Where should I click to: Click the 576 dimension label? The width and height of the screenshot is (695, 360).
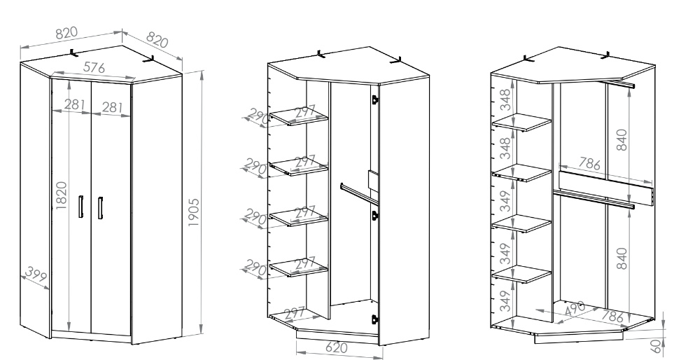(x=94, y=67)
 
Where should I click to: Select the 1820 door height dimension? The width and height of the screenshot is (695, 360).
(x=61, y=195)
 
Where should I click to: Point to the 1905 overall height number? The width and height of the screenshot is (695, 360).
(x=194, y=212)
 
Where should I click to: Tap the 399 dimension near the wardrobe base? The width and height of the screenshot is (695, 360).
(x=36, y=275)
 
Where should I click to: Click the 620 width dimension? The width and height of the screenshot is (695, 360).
(x=337, y=347)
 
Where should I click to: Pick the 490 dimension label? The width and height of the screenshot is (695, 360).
(x=575, y=309)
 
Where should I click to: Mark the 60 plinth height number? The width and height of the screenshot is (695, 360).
(x=657, y=345)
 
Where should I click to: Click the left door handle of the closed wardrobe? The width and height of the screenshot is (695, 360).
(x=80, y=207)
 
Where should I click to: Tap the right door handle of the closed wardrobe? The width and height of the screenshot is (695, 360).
(x=101, y=208)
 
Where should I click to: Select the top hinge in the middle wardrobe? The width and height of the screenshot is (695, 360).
(x=374, y=99)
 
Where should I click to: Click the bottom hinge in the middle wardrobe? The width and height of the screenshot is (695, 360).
(x=374, y=319)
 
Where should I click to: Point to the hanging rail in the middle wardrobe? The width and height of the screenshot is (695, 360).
(x=359, y=194)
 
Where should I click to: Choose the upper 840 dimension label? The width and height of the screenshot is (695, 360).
(x=622, y=139)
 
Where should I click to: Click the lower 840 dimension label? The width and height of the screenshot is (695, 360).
(x=622, y=258)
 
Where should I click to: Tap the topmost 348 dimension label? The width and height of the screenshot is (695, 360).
(x=505, y=99)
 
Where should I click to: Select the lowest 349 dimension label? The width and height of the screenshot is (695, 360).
(x=505, y=301)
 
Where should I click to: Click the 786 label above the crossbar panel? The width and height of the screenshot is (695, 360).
(x=589, y=164)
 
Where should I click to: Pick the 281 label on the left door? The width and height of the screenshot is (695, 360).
(x=75, y=104)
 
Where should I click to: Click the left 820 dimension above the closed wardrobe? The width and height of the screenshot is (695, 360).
(x=66, y=33)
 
